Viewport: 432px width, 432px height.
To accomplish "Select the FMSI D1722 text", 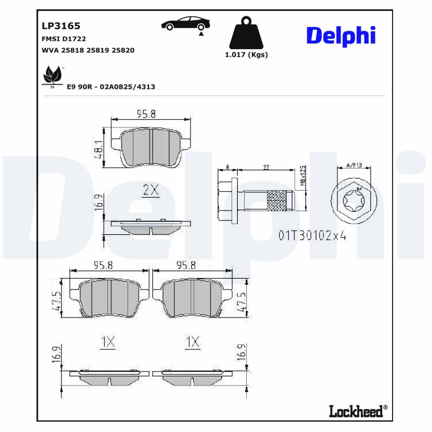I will pyautogui.click(x=64, y=39).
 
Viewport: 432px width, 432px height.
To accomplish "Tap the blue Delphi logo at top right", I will pyautogui.click(x=341, y=36).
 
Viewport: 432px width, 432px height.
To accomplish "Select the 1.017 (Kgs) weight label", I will pyautogui.click(x=246, y=55).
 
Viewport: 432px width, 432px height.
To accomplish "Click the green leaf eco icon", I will pyautogui.click(x=52, y=76).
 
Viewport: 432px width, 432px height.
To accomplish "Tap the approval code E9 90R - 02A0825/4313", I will pyautogui.click(x=111, y=86).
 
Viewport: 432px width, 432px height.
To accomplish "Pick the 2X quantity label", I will pyautogui.click(x=150, y=190).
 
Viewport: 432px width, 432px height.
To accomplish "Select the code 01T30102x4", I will pyautogui.click(x=312, y=235).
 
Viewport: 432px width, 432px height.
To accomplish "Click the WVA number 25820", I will pyautogui.click(x=123, y=50).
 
